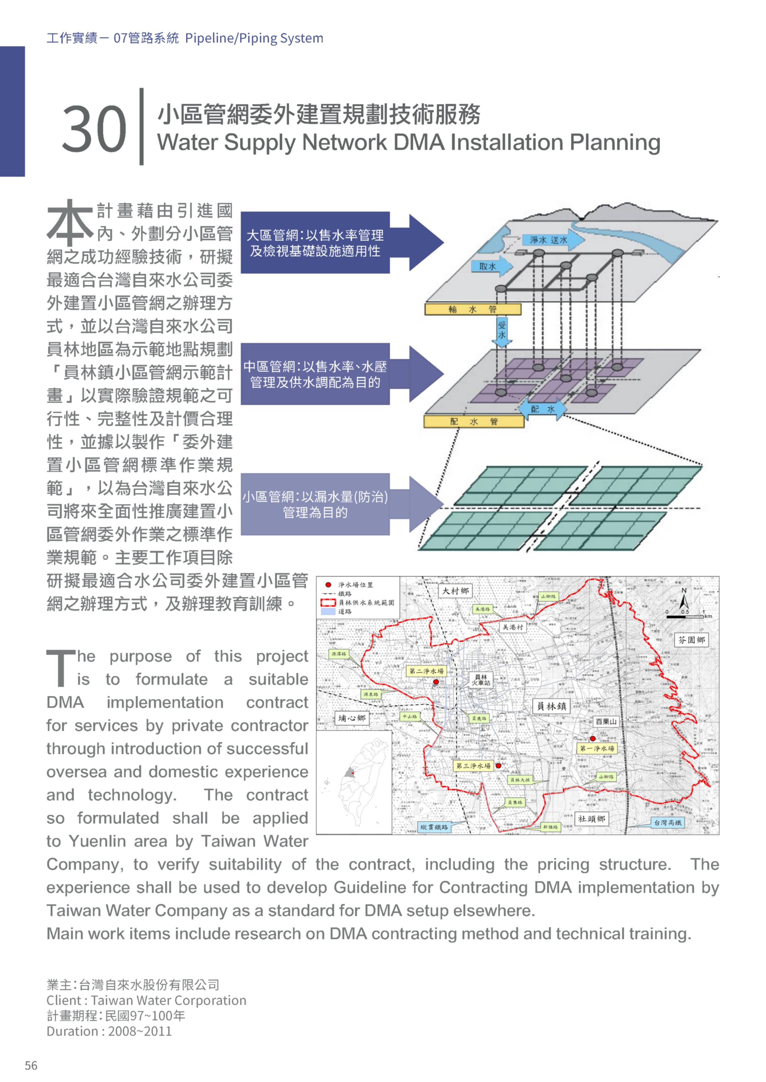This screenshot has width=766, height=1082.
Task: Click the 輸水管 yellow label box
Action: coord(473,309)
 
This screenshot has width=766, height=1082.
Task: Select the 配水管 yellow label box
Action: coord(474,421)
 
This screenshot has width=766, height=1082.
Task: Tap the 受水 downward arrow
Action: coord(502,331)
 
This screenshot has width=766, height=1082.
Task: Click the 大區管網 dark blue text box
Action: coord(315,243)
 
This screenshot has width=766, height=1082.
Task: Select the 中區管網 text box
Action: coord(315,374)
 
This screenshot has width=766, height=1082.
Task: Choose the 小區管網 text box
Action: coord(315,504)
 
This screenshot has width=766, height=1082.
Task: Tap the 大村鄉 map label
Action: coord(455,591)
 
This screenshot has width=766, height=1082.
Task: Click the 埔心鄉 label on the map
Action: coord(351,718)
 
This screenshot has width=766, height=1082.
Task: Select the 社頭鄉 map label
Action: coord(592,819)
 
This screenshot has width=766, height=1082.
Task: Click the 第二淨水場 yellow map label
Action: coord(426,671)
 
